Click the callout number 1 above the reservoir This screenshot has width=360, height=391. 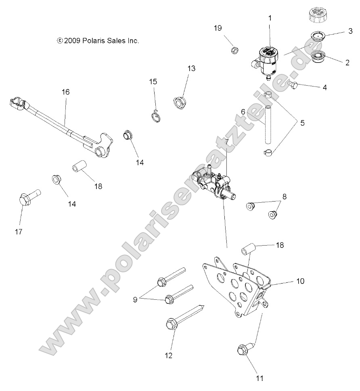tap(270, 18)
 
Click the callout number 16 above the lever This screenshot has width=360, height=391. tap(65, 92)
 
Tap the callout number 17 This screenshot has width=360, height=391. tap(19, 231)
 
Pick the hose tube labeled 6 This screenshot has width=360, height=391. tap(268, 124)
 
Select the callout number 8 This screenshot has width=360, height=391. tap(285, 197)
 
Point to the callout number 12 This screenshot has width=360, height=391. tap(168, 356)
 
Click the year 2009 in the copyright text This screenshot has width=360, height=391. tap(73, 40)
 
